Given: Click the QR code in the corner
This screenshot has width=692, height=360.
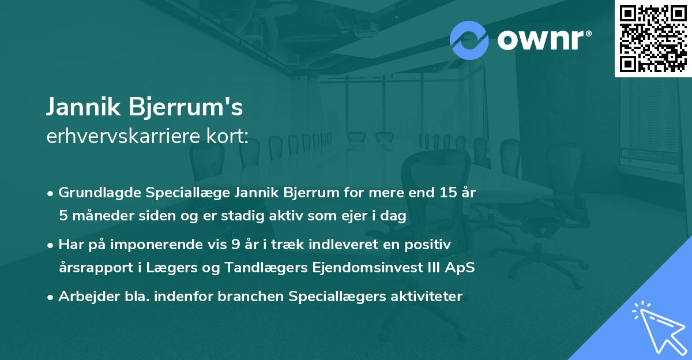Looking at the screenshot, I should point(653,39).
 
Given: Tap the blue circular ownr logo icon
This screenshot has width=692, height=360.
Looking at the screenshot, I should point(469,40).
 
